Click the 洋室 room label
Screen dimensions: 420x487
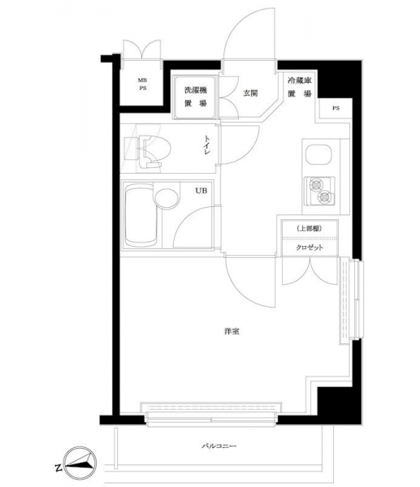pos(232,331)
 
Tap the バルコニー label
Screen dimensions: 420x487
pos(219,446)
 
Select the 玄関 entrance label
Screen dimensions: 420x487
pos(250,93)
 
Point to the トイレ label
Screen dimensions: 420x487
pos(207,145)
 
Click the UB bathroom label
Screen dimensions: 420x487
pos(201,191)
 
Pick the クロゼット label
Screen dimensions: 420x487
pos(310,248)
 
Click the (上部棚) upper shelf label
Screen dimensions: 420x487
pos(310,229)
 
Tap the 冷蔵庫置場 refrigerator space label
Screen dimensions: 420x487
pos(300,88)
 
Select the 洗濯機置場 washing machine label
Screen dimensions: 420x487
pos(196,97)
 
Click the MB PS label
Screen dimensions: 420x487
pos(142,84)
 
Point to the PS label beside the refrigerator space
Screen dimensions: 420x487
pos(336,109)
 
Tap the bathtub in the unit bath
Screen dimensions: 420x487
pos(141,216)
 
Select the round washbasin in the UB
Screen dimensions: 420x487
pos(167,198)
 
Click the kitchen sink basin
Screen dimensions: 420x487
pos(318,155)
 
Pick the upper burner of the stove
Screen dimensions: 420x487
pos(315,185)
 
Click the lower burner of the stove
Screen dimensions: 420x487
pos(324,197)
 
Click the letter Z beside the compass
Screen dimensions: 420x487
pos(58,468)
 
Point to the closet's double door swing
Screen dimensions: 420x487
pos(310,270)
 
